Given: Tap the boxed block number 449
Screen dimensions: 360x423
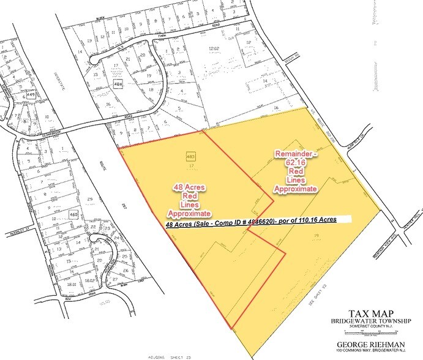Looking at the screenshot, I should click(31, 95).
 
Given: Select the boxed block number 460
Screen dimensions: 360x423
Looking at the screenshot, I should click(74, 214).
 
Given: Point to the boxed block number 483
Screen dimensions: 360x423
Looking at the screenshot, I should click(190, 156).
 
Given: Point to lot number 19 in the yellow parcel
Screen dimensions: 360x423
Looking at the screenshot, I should click(315, 235).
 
